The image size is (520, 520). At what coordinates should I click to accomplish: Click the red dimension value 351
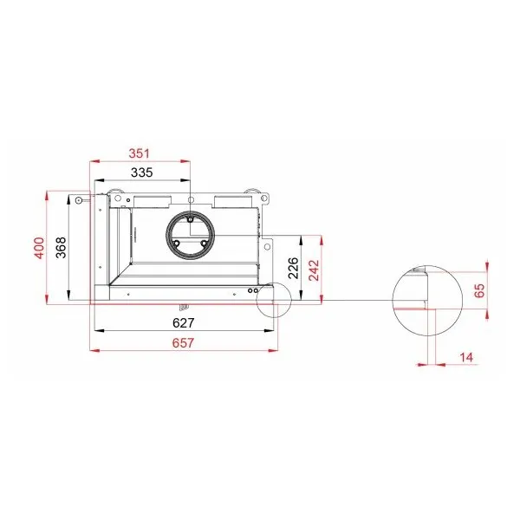[140, 153]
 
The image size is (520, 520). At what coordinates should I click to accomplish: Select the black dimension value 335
[141, 172]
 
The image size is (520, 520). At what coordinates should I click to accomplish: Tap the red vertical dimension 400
[39, 248]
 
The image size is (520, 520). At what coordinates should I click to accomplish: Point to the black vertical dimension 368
[61, 248]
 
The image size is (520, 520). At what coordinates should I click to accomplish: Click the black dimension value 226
[294, 268]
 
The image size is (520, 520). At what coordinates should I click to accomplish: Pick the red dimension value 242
[314, 270]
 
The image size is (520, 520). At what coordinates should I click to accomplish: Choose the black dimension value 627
[184, 322]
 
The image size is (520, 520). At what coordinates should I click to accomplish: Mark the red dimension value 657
[184, 342]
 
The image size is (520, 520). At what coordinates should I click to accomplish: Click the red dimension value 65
[479, 290]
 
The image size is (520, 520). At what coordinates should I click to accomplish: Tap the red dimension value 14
[466, 357]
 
